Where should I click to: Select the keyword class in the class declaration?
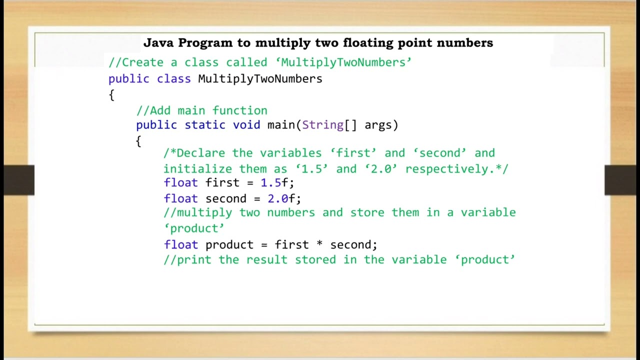[x=173, y=79]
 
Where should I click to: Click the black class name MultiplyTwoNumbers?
[x=260, y=79]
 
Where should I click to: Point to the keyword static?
[x=205, y=125]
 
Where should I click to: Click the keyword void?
[x=246, y=125]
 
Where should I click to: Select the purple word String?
[x=322, y=125]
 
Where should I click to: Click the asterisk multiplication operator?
[x=319, y=245]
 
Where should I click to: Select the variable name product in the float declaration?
[x=229, y=245]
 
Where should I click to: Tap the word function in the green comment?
[x=239, y=110]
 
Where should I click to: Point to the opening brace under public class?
[x=111, y=95]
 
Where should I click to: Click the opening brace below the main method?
[x=138, y=141]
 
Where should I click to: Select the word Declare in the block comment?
[x=201, y=153]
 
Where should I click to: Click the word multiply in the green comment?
[x=204, y=212]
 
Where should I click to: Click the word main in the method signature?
[x=281, y=125]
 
